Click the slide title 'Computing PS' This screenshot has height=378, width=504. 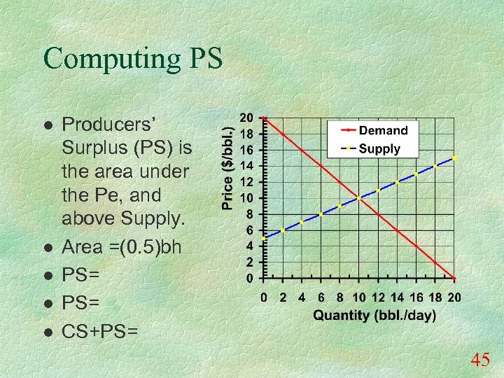tap(133, 59)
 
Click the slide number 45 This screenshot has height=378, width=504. tap(480, 360)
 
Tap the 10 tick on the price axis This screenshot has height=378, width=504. tap(246, 197)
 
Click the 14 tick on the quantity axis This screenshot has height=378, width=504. tap(397, 297)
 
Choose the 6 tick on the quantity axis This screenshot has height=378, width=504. tap(321, 297)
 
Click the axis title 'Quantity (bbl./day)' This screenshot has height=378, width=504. tap(374, 315)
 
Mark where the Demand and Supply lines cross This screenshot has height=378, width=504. tap(359, 198)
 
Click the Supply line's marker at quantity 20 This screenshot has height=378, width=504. tap(454, 158)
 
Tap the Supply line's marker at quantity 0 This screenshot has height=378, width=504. tap(263, 238)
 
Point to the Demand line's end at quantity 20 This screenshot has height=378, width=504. tap(454, 278)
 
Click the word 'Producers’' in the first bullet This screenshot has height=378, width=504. tap(113, 125)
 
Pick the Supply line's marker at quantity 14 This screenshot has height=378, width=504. tap(397, 182)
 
